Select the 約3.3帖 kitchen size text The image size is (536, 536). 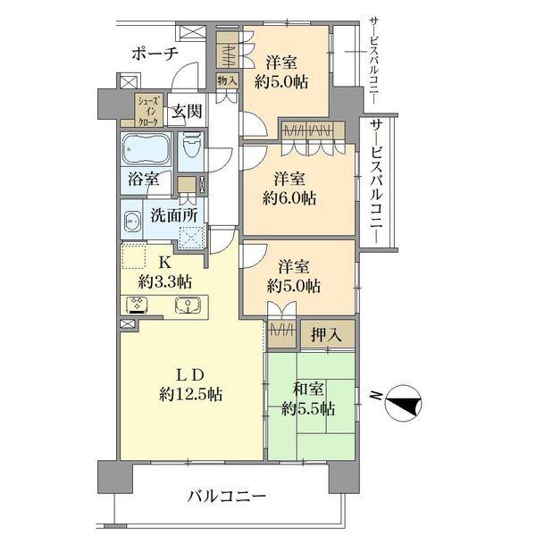click(164, 281)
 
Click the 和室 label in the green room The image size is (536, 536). click(309, 389)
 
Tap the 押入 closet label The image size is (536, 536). click(326, 336)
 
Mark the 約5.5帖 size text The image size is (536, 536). click(308, 409)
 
